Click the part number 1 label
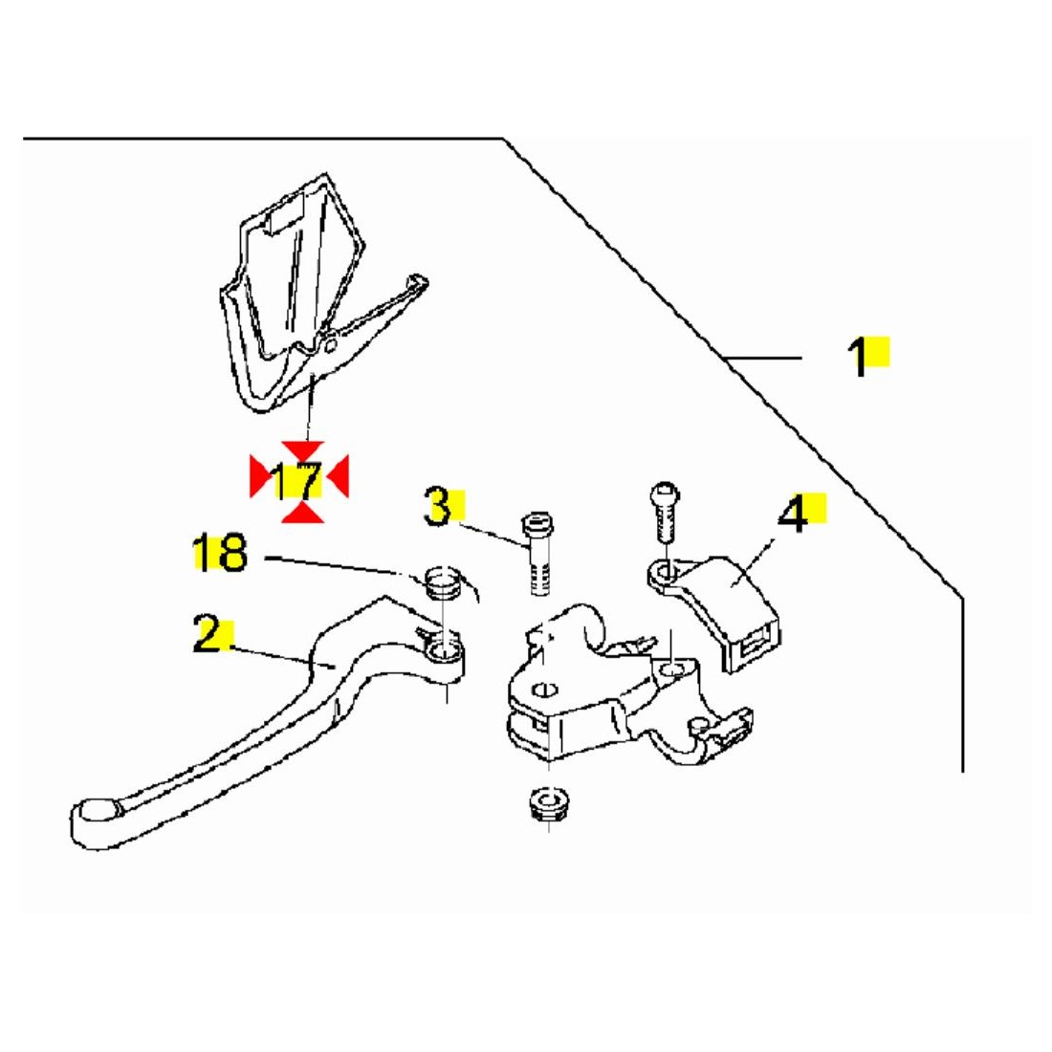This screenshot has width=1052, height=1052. point(859,357)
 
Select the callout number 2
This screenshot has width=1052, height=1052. point(208,634)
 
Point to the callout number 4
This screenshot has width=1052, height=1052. point(792,515)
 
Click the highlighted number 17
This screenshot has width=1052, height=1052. point(295,481)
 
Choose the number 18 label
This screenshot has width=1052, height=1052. point(220,554)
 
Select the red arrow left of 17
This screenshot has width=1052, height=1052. point(259,476)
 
